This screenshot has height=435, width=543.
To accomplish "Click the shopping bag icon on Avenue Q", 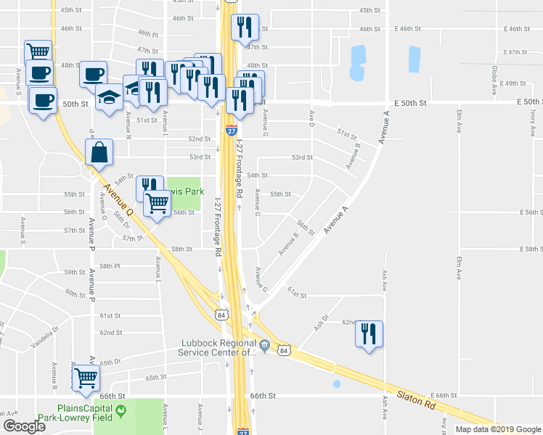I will (99, 153).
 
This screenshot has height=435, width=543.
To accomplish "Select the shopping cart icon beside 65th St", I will (86, 377).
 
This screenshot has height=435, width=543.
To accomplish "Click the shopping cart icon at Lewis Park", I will (158, 204).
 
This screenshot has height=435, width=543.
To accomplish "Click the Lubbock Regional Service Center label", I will (218, 348).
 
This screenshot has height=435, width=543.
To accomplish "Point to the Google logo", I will (24, 426).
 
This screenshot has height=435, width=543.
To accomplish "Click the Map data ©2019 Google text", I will (497, 429).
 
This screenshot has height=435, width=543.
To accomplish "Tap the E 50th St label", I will (522, 103).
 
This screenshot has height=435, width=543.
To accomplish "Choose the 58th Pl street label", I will (108, 266).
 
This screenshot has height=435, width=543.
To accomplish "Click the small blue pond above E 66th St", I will (335, 384).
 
